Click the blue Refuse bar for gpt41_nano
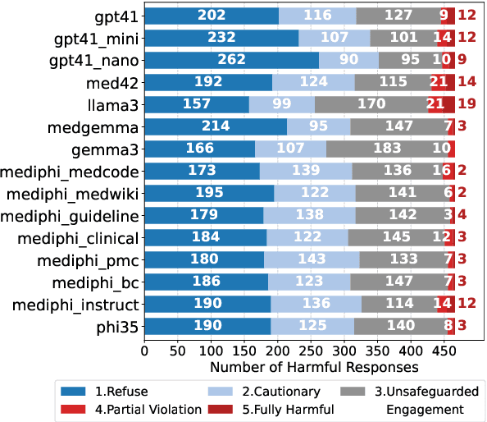231,60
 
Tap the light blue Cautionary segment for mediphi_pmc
312,260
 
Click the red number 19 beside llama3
467,104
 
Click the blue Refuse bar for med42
208,82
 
